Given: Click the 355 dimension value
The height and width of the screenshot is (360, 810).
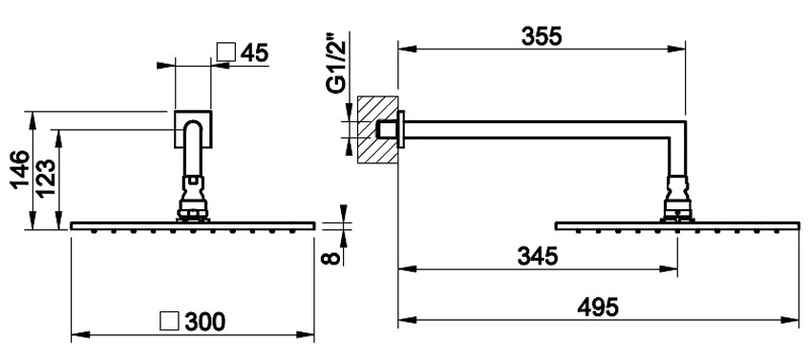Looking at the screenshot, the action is (x=541, y=36).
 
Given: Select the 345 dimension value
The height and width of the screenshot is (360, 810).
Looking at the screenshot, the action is (x=537, y=256).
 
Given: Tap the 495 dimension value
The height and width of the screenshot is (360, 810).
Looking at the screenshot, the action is (x=598, y=307).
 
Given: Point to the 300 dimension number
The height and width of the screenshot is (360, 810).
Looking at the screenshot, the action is (x=205, y=322).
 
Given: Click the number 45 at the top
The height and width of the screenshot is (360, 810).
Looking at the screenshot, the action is (x=255, y=53).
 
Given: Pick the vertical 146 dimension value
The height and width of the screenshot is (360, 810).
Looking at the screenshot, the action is (x=22, y=170).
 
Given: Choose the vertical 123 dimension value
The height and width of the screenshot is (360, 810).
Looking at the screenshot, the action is (x=46, y=179).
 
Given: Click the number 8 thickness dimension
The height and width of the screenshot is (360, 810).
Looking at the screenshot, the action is (x=333, y=257).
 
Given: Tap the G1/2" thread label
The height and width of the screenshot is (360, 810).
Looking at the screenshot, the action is (x=337, y=64).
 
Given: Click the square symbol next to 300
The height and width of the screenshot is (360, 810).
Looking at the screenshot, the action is (x=169, y=321).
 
